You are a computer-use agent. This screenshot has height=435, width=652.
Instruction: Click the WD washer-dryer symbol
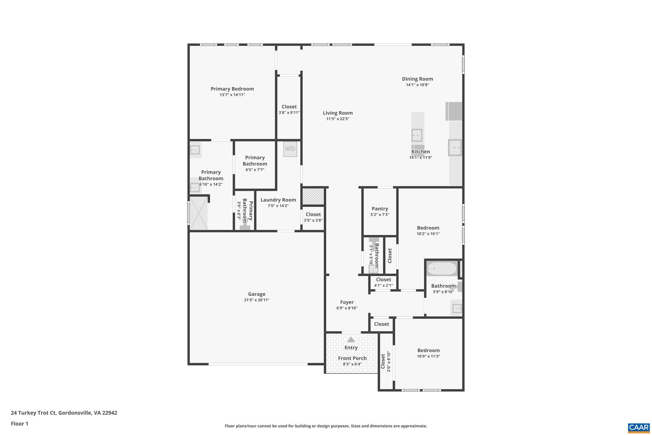[290, 149]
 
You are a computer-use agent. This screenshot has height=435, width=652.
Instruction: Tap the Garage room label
[257, 294]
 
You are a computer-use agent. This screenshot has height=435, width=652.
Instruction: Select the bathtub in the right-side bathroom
[442, 269]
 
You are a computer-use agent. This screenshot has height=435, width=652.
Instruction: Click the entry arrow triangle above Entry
[351, 339]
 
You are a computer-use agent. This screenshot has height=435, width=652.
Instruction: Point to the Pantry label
[380, 209]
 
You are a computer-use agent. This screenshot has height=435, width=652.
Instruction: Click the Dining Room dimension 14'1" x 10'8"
[417, 85]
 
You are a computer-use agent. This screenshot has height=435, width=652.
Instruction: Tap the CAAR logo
[639, 428]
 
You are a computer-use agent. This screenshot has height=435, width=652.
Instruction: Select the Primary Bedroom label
[232, 89]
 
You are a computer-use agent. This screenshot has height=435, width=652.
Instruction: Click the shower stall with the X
[198, 213]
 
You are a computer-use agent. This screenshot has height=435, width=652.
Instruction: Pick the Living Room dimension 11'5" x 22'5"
[337, 119]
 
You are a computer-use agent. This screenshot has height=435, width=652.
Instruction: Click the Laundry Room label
[278, 200]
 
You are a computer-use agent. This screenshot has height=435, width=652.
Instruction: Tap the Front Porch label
[352, 358]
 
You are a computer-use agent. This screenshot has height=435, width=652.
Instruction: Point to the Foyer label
[347, 302]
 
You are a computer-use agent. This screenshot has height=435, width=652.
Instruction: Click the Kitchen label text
[421, 152]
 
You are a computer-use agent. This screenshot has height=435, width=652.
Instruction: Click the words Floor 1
[19, 424]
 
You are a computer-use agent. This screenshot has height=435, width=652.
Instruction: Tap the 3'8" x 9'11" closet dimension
[289, 112]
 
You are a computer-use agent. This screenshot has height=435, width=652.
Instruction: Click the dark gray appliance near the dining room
[454, 111]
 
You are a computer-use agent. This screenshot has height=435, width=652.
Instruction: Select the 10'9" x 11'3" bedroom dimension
[429, 356]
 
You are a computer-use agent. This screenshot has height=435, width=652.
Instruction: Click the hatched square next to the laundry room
[313, 196]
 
